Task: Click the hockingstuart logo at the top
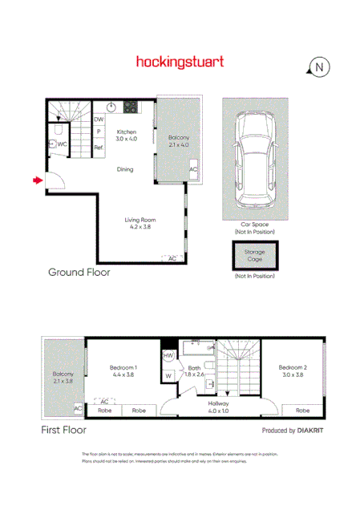tap(180, 61)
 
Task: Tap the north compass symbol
tap(318, 67)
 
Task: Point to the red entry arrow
tap(37, 181)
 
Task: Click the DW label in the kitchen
tap(99, 119)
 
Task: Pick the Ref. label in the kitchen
tap(99, 148)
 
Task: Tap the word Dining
tap(125, 169)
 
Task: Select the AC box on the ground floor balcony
tap(192, 170)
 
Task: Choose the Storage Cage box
tap(254, 254)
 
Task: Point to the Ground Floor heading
tap(79, 273)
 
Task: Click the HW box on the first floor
tap(168, 355)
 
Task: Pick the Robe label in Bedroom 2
tap(301, 410)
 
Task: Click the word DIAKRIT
tap(301, 431)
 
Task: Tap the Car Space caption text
tap(254, 225)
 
